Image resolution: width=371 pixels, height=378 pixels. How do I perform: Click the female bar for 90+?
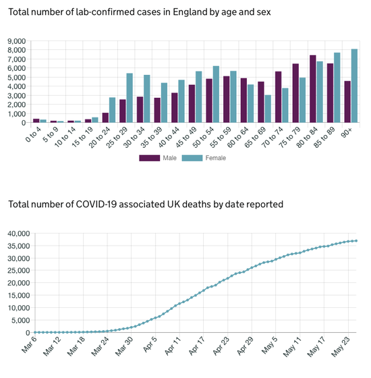pyautogui.click(x=354, y=86)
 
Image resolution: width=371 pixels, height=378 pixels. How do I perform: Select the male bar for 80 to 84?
pyautogui.click(x=313, y=89)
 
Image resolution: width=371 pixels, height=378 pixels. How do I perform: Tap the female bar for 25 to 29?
pyautogui.click(x=130, y=98)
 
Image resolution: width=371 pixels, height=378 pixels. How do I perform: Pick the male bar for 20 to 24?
pyautogui.click(x=105, y=117)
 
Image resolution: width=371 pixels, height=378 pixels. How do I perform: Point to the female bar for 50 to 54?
pyautogui.click(x=216, y=94)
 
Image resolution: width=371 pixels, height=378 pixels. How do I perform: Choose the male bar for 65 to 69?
pyautogui.click(x=261, y=102)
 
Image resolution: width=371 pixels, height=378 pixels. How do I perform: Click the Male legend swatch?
pyautogui.click(x=149, y=158)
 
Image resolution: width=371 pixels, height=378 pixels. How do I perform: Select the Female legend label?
pyautogui.click(x=216, y=158)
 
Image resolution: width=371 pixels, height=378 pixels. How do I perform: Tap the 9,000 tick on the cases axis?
pyautogui.click(x=17, y=41)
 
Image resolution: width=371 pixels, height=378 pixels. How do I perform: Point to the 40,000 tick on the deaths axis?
pyautogui.click(x=19, y=234)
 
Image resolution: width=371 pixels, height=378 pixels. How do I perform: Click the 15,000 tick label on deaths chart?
pyautogui.click(x=19, y=296)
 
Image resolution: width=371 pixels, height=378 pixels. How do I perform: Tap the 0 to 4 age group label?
pyautogui.click(x=33, y=134)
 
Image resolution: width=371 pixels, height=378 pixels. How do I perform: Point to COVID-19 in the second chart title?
pyautogui.click(x=96, y=204)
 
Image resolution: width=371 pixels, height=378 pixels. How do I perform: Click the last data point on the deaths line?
pyautogui.click(x=356, y=240)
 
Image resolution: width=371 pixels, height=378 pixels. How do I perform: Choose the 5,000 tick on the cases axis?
pyautogui.click(x=17, y=78)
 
